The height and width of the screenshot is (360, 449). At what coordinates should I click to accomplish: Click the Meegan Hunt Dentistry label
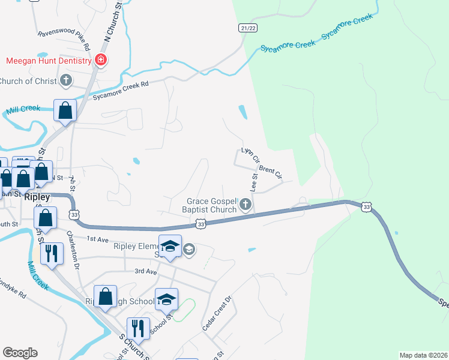coord(49,61)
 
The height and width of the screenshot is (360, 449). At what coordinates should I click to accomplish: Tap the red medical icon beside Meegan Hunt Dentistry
coord(100,60)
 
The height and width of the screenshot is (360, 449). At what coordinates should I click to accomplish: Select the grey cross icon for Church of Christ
coord(66,80)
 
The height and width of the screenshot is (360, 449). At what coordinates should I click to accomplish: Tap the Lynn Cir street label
coord(250,155)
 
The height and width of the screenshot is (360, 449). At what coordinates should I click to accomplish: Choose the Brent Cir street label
coord(271,172)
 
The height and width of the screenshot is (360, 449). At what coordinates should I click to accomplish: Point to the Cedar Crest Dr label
coord(217,314)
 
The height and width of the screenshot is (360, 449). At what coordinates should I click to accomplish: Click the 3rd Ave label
coord(145,271)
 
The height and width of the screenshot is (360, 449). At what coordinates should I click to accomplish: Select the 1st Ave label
coord(97,239)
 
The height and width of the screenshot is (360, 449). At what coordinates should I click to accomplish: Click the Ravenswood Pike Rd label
coord(64,40)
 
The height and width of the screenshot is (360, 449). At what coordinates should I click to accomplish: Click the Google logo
coord(20,353)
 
